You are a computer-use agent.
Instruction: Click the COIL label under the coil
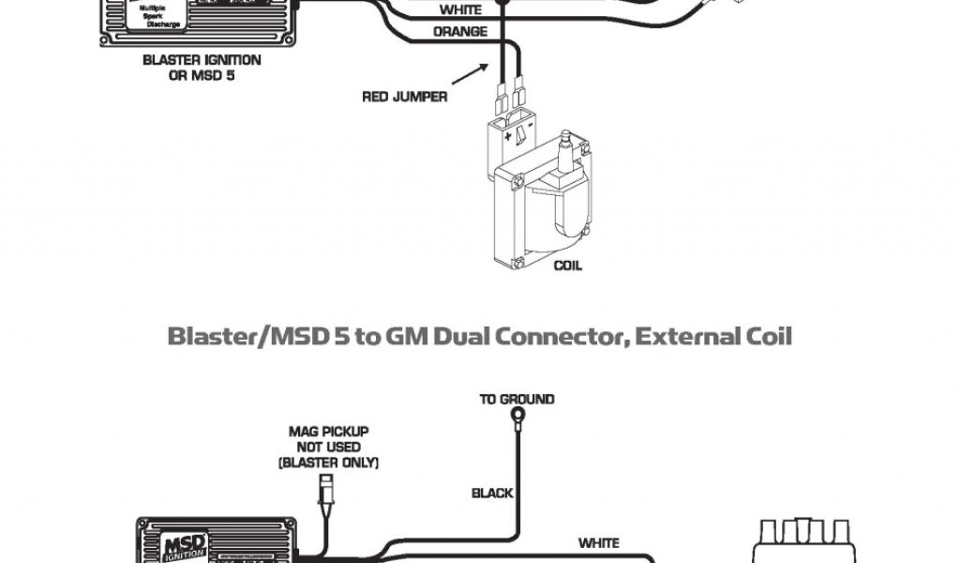pyautogui.click(x=567, y=266)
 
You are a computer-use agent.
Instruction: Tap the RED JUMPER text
pyautogui.click(x=404, y=97)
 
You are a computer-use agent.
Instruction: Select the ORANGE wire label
pyautogui.click(x=459, y=32)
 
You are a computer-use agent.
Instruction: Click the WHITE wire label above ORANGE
pyautogui.click(x=459, y=10)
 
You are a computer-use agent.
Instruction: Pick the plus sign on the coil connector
pyautogui.click(x=509, y=138)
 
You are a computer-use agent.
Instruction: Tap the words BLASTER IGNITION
pyautogui.click(x=202, y=59)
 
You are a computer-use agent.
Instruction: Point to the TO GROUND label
pyautogui.click(x=517, y=399)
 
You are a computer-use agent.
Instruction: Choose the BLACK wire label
pyautogui.click(x=492, y=493)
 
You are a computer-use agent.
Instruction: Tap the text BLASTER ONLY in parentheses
pyautogui.click(x=328, y=464)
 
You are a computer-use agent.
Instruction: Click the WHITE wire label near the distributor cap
pyautogui.click(x=598, y=542)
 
